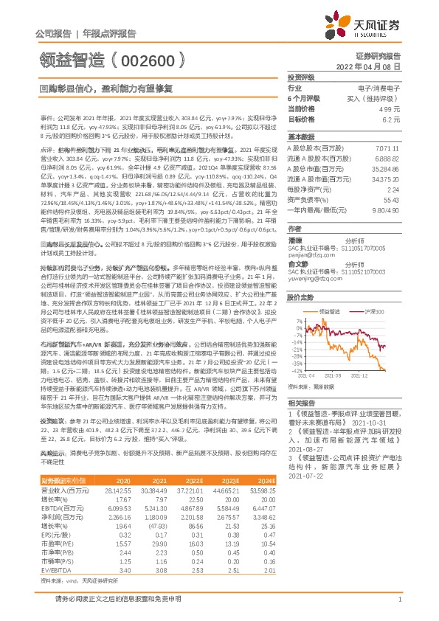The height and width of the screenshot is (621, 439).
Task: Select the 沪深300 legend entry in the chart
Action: coord(376,312)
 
